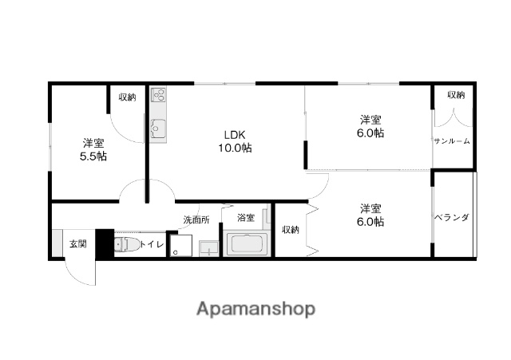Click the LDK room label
click(x=235, y=135)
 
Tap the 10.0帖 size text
click(x=235, y=148)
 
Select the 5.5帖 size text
click(x=93, y=156)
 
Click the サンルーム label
click(x=452, y=141)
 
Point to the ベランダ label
click(x=452, y=217)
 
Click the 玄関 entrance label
click(x=78, y=243)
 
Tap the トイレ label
click(x=152, y=244)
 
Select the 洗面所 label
click(x=196, y=220)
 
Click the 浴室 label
click(x=246, y=218)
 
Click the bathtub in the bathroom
click(x=247, y=244)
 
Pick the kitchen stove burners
click(x=158, y=94)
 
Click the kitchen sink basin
click(x=158, y=128)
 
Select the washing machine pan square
click(x=181, y=245)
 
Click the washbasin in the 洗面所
click(x=209, y=248)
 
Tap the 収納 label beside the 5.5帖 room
click(x=127, y=97)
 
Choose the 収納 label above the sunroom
click(x=456, y=95)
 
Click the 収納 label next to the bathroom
click(x=291, y=230)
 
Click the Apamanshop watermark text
click(x=255, y=309)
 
